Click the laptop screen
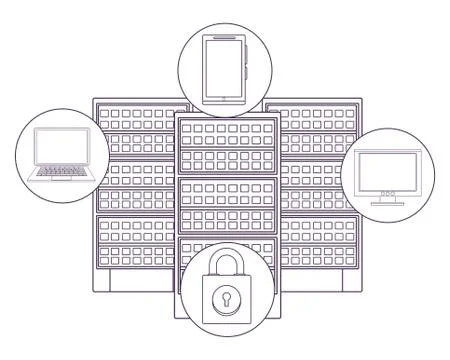tap(62, 147)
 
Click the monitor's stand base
tap(388, 202)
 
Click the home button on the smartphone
tap(223, 98)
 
